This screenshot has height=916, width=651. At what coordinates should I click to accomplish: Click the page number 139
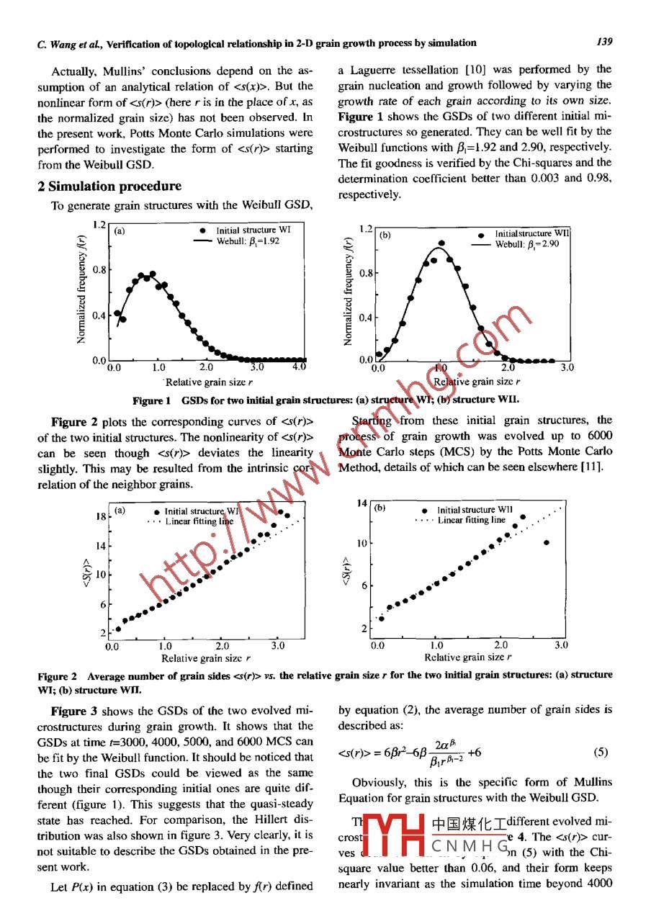tap(603, 42)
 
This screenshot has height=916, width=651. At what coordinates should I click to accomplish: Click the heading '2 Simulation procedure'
tap(109, 187)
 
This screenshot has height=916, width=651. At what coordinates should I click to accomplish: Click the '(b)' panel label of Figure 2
tap(381, 507)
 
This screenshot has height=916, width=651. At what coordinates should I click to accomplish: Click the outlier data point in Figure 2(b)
tap(547, 542)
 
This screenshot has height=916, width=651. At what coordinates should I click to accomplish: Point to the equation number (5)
tap(601, 753)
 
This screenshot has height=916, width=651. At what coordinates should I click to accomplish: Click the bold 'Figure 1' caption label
tap(151, 400)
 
